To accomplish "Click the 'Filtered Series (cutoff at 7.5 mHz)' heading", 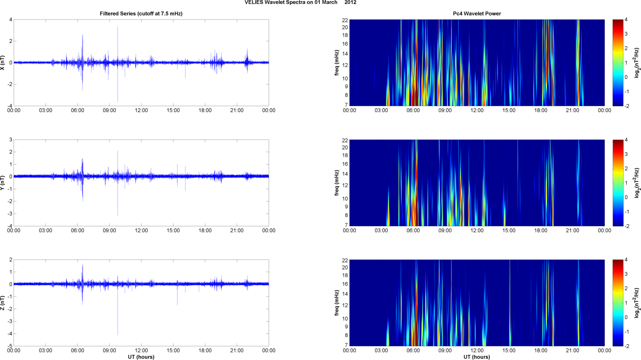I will coord(141,14).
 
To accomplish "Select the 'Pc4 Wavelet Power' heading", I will coord(477,14).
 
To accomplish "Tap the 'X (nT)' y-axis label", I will coord(3,63).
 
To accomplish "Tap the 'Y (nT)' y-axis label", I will coord(3,183).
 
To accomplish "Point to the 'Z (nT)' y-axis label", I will coord(3,303).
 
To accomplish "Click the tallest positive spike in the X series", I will coord(118,28).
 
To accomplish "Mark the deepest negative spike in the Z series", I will coord(118,334).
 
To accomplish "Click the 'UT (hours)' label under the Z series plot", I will coord(141,357).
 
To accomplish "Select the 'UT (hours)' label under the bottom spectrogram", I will coord(477,357).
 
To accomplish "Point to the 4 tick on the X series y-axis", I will coord(11,19).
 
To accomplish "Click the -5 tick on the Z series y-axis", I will coord(10,346).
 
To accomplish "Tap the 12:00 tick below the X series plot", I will coord(141,110).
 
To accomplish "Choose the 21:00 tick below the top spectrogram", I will coord(572,110).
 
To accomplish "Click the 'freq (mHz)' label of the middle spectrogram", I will coord(337,183).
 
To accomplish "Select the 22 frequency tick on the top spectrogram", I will coord(345,20).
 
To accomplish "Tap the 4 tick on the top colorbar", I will coord(625,19).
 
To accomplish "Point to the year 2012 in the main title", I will coord(350,3).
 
